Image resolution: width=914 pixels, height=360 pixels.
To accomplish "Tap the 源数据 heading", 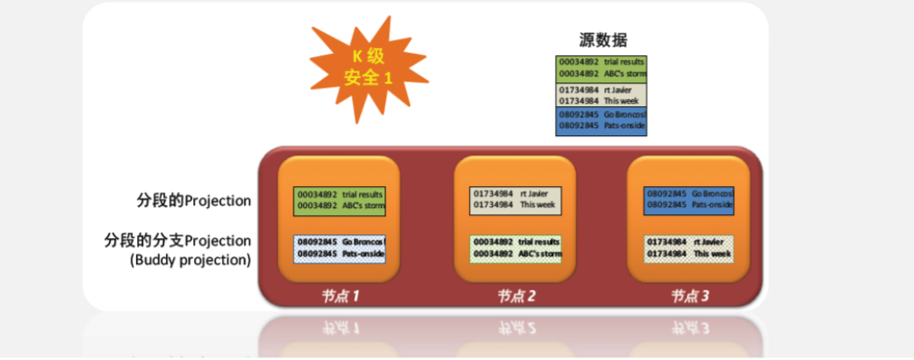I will pyautogui.click(x=602, y=40).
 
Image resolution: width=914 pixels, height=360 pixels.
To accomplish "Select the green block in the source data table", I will pyautogui.click(x=601, y=68).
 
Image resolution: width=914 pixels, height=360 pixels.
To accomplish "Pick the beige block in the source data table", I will pyautogui.click(x=601, y=94).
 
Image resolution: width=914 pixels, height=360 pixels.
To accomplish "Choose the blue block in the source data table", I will pyautogui.click(x=601, y=120).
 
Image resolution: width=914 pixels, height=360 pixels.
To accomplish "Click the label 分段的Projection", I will pyautogui.click(x=188, y=200).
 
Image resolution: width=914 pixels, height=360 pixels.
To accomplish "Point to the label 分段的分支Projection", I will pyautogui.click(x=177, y=241).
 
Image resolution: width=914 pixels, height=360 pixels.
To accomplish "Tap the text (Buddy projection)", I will pyautogui.click(x=190, y=260).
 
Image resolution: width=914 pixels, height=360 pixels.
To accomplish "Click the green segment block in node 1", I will pyautogui.click(x=340, y=199).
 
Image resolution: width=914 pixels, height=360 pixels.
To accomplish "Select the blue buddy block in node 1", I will pyautogui.click(x=340, y=247).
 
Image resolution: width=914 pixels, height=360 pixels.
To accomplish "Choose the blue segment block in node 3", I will pyautogui.click(x=689, y=199).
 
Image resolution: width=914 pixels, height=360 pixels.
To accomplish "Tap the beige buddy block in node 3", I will pyautogui.click(x=689, y=247).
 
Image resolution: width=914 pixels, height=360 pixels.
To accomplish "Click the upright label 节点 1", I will pyautogui.click(x=341, y=296).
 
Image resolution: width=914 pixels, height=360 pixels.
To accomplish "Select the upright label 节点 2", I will pyautogui.click(x=515, y=296).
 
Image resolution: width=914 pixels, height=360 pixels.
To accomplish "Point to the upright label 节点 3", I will pyautogui.click(x=690, y=296).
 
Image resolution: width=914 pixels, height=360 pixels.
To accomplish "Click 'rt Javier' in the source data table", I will pyautogui.click(x=620, y=89).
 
